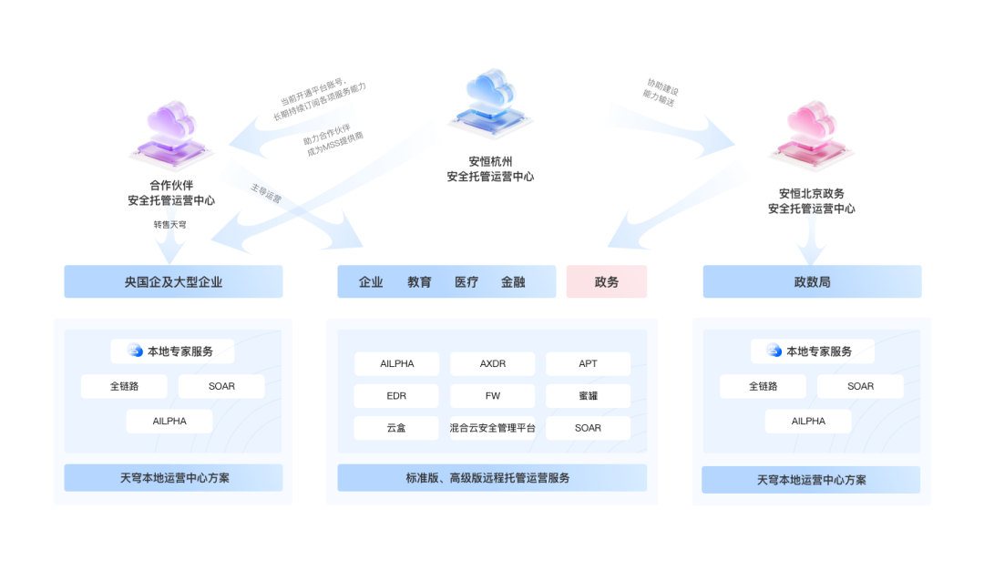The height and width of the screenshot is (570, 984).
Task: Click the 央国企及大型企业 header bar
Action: point(173,281)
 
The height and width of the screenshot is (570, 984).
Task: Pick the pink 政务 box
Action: point(607,281)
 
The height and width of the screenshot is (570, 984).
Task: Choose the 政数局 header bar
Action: point(812,281)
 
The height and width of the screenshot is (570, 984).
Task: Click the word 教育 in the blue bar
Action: point(419,282)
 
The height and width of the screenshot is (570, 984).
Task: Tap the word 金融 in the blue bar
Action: point(513,282)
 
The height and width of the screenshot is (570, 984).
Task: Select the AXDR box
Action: point(492,364)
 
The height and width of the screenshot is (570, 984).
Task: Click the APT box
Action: point(588,364)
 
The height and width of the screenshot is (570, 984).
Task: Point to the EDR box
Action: point(396,396)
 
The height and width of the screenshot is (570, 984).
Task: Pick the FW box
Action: point(492,396)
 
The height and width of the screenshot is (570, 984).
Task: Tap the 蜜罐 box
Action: point(588,396)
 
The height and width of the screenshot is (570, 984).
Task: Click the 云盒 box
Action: point(396,428)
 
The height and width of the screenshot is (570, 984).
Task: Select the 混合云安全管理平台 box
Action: point(492,428)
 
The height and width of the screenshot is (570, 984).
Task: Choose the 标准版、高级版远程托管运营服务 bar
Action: point(492,477)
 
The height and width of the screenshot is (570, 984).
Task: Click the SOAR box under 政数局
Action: point(860,386)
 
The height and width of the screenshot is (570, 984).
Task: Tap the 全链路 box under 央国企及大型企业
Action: point(124,386)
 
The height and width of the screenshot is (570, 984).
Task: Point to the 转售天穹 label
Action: point(169,224)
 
